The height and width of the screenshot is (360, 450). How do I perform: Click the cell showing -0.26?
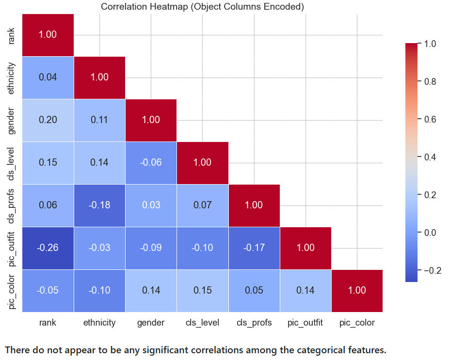[48, 248]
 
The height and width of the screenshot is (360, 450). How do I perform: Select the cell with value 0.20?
[48, 120]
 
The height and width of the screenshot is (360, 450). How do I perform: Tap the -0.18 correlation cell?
[99, 205]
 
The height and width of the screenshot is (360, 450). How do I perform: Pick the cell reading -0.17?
[254, 248]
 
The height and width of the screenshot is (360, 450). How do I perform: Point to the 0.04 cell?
[48, 77]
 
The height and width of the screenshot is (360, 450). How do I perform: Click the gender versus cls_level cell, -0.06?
[151, 162]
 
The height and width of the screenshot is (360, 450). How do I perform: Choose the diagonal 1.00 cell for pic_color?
[357, 290]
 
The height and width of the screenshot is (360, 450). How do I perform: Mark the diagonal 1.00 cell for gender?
[151, 120]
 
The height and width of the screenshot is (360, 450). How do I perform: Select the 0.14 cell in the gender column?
[151, 290]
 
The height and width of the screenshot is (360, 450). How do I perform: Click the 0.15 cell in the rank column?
[48, 162]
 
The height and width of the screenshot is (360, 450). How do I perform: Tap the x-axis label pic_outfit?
[305, 323]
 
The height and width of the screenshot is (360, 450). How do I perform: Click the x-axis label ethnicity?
[99, 323]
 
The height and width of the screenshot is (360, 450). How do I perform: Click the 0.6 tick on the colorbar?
[430, 119]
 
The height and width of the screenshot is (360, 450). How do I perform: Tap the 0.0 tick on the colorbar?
[430, 233]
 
